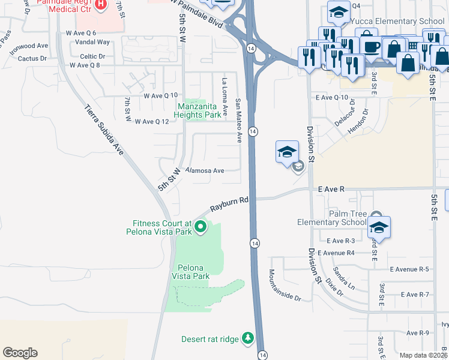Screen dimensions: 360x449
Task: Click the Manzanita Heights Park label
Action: click(x=198, y=110)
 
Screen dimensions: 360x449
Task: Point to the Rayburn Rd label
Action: click(x=229, y=205)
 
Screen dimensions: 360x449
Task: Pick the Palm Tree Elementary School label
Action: click(x=332, y=218)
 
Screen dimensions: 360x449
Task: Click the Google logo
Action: click(x=20, y=353)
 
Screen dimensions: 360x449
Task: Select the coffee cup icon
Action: click(x=368, y=47)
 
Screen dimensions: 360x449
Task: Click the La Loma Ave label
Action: click(x=225, y=97)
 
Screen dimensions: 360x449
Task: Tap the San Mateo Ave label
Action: click(x=238, y=121)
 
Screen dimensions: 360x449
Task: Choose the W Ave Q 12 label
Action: click(x=156, y=121)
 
